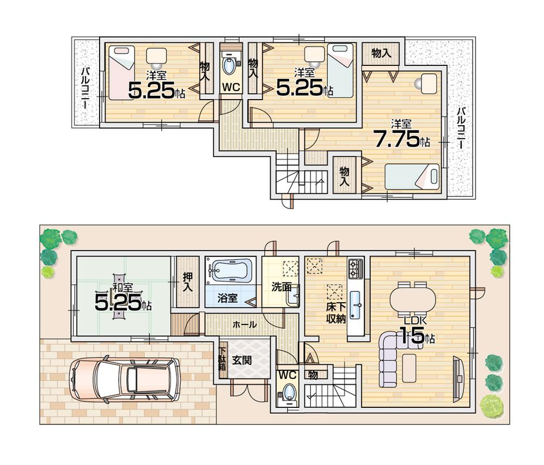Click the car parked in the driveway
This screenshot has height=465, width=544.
(x=125, y=380)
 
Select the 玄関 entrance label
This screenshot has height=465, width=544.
(x=241, y=360)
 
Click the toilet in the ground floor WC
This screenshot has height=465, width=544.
(x=289, y=393)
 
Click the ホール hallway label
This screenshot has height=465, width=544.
(x=245, y=324)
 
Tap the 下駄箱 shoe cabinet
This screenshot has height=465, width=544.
(x=222, y=359)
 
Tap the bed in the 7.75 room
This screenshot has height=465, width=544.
(x=412, y=177)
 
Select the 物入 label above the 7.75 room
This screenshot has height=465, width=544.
(x=381, y=53)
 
